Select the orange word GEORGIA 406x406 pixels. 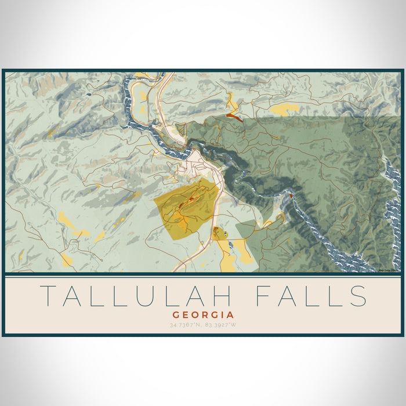tap(203, 314)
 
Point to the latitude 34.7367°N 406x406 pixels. tap(186, 324)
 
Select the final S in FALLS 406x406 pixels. tap(358, 296)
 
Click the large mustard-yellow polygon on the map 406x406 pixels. tap(186, 209)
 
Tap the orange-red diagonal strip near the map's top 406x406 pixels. tap(234, 117)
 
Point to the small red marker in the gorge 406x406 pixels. tap(290, 196)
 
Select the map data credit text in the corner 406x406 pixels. tap(389, 270)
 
